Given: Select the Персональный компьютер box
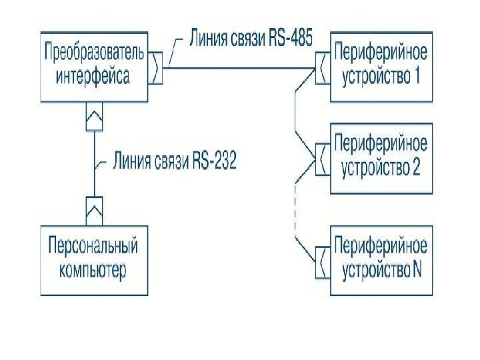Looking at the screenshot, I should point(93,260).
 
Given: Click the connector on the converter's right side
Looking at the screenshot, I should point(156,69).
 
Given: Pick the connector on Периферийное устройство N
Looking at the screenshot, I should point(321,262).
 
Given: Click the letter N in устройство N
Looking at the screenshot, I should point(417,271).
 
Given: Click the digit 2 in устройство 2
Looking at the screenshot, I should point(417,168).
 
